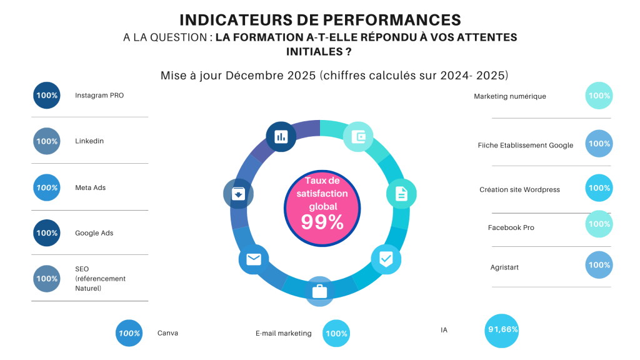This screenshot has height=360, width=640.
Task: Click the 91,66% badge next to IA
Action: pos(502,331)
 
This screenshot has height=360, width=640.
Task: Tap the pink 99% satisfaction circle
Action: pos(322,208)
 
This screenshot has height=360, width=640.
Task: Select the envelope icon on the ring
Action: pos(254,259)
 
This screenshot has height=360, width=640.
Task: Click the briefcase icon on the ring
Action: pos(319,291)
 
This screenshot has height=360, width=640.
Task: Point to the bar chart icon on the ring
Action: pos(281,137)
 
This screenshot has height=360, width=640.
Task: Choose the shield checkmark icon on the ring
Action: pos(386,259)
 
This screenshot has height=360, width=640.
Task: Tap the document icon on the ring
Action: pos(401,194)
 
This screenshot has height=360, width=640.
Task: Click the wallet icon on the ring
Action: pos(358,137)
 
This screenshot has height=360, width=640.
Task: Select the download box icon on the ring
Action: pos(238,194)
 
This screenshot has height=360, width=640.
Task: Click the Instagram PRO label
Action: pos(99,96)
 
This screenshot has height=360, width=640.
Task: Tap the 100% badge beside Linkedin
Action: pos(46,141)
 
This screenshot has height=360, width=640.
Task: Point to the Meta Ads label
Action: pos(90,187)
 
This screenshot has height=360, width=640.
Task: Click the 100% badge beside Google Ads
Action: pos(46,233)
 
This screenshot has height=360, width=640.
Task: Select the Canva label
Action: pos(167,333)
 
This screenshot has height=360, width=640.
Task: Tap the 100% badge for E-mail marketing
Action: pos(336,334)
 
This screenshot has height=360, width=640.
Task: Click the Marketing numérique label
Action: pos(510,96)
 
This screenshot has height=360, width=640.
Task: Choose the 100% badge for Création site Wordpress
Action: pos(599,188)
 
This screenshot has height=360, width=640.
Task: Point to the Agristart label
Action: pos(504,267)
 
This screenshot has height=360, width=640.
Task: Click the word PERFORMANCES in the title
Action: pos(392,20)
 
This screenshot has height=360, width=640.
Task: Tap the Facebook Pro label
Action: pos(511,227)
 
